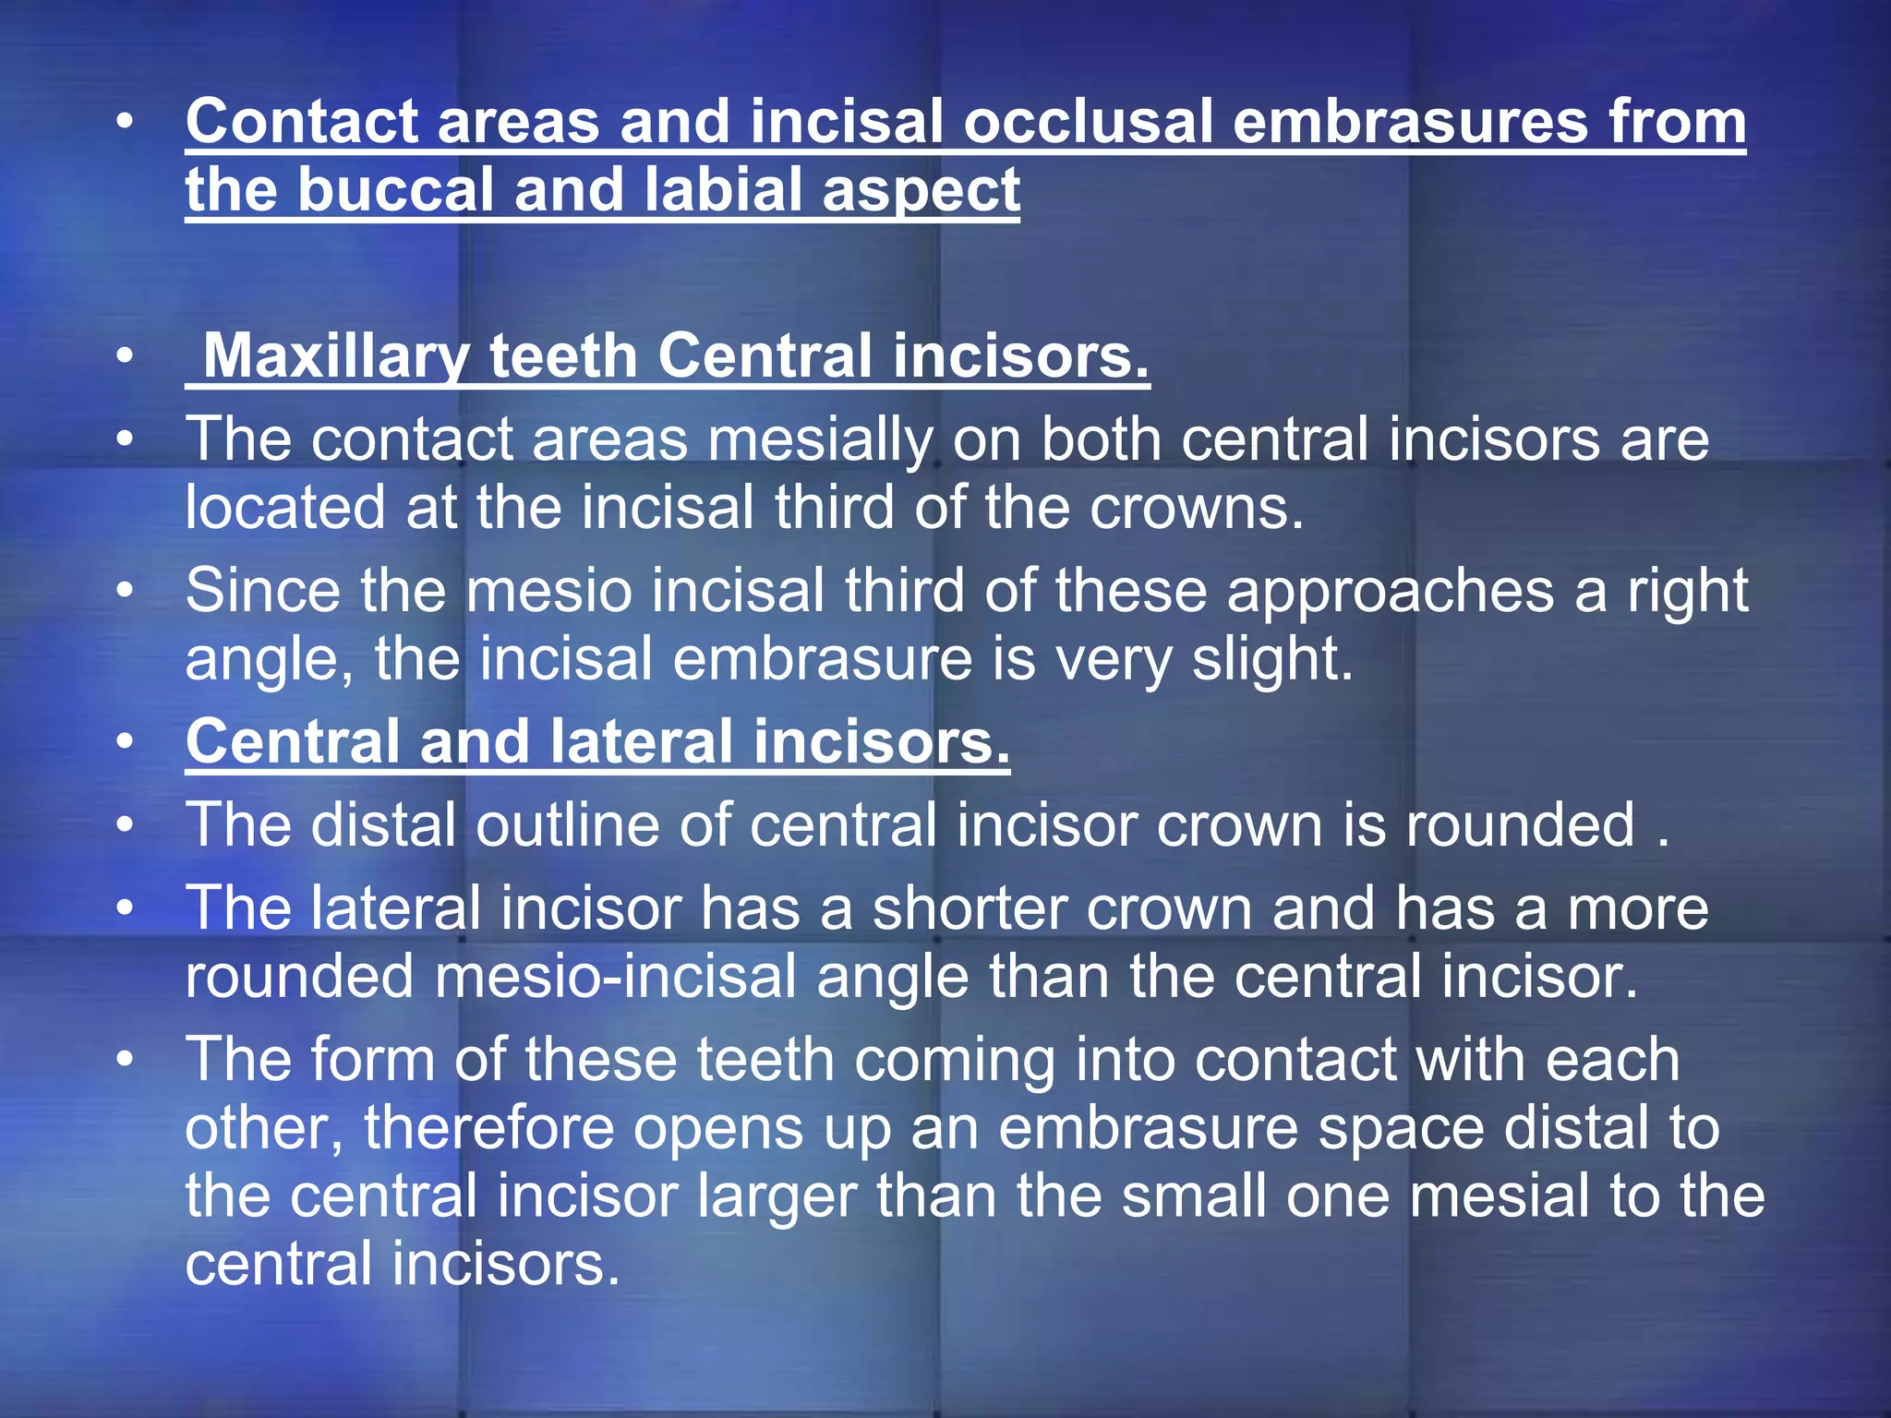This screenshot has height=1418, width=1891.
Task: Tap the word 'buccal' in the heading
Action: (x=395, y=190)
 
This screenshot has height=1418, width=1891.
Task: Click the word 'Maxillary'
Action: (x=335, y=356)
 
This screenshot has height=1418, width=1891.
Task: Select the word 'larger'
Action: (x=777, y=1196)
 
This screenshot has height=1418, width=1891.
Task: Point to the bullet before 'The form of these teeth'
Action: (x=126, y=1059)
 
